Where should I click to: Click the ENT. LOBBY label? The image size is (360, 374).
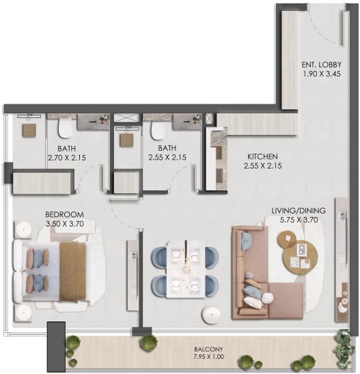[321, 65]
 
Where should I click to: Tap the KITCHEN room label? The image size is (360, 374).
[262, 157]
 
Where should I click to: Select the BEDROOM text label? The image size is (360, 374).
[64, 215]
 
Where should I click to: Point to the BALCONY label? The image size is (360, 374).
[208, 349]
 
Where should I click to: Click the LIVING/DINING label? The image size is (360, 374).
[299, 211]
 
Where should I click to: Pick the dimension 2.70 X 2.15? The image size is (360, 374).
[67, 158]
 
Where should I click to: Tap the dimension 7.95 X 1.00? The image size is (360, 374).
[209, 357]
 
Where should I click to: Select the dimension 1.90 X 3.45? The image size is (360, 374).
[322, 74]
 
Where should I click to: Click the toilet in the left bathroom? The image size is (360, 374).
[65, 129]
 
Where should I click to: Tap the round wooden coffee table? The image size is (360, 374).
[301, 257]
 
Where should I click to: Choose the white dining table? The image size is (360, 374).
[186, 270]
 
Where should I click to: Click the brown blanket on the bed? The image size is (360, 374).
[72, 272]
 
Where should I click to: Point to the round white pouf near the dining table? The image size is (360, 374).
[211, 315]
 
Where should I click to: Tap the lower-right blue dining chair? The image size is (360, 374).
[212, 286]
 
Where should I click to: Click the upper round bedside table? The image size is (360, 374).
[23, 230]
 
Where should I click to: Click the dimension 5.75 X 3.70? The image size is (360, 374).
[299, 220]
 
